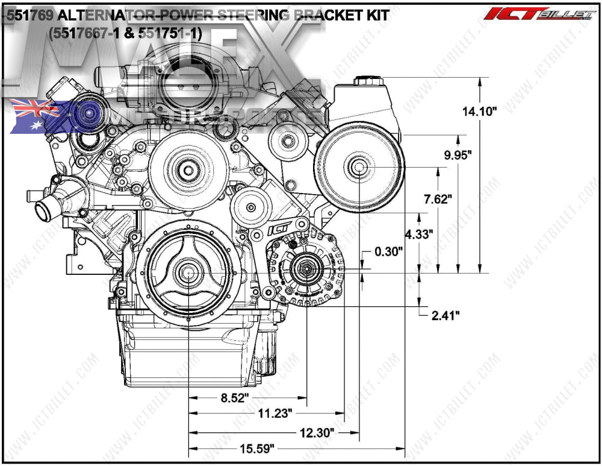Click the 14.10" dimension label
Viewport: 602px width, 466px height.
pyautogui.click(x=479, y=112)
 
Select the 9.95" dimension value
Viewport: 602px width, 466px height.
pyautogui.click(x=458, y=154)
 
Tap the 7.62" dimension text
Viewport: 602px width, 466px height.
pyautogui.click(x=438, y=199)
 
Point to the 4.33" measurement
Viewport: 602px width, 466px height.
pyautogui.click(x=419, y=235)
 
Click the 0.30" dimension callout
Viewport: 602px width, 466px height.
pyautogui.click(x=388, y=252)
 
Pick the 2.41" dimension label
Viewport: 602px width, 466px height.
pyautogui.click(x=445, y=315)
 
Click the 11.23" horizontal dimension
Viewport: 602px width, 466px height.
pyautogui.click(x=275, y=414)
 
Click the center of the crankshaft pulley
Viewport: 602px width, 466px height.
pyautogui.click(x=188, y=273)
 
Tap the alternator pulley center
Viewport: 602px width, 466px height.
pyautogui.click(x=306, y=268)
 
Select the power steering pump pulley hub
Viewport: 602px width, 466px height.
pyautogui.click(x=359, y=167)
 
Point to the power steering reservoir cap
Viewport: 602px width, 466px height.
pyautogui.click(x=365, y=81)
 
